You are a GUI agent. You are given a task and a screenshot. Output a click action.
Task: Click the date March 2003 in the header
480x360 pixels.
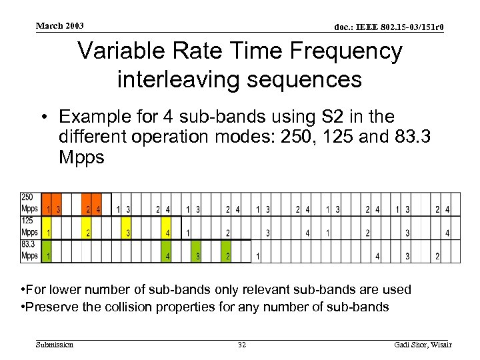[x=60, y=25]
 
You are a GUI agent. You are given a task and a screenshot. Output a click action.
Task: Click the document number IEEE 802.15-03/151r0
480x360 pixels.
[x=389, y=27]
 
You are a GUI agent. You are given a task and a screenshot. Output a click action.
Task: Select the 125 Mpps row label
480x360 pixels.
[x=30, y=227]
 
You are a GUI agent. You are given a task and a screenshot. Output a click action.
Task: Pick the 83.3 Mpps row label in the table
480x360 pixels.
[x=30, y=250]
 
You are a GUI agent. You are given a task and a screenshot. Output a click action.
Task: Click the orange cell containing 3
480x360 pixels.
[x=58, y=209]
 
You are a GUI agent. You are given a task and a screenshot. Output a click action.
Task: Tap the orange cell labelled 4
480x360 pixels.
[x=97, y=209]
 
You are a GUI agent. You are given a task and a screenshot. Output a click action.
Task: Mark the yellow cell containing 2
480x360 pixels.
[x=87, y=233]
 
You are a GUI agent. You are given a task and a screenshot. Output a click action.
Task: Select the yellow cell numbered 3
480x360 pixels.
[x=127, y=233]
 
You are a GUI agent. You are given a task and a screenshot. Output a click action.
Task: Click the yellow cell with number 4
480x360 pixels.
[x=167, y=233]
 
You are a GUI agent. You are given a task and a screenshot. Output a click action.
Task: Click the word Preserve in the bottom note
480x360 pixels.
[x=51, y=307]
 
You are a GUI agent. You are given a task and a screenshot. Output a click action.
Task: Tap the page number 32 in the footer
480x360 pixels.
[x=241, y=345]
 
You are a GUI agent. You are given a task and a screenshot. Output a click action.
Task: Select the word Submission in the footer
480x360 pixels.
[x=55, y=345]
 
